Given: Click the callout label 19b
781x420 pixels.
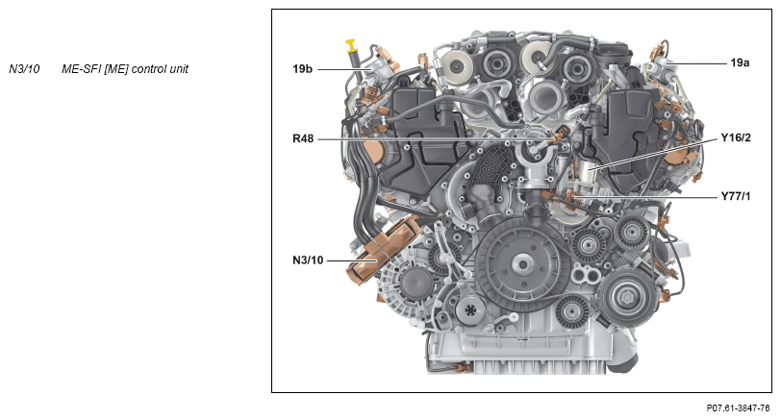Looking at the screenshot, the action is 302,68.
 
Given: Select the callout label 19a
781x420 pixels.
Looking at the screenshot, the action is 740,62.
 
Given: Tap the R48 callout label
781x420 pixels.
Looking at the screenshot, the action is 303,138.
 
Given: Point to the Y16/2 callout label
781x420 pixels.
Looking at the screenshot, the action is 736,137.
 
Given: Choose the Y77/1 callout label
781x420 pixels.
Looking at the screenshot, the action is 736,197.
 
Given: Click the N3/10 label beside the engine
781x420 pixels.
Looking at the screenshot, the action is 308,259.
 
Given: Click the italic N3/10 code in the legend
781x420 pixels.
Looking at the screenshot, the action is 24,68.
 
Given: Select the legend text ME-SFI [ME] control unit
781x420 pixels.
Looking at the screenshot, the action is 125,69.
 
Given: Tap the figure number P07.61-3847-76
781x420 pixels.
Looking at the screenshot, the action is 738,408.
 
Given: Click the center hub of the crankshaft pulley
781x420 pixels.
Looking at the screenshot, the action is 521,264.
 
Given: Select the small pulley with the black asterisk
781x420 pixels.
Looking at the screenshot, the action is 470,310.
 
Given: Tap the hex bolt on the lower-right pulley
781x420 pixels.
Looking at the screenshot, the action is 626,298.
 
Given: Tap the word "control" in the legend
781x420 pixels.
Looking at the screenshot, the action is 149,69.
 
